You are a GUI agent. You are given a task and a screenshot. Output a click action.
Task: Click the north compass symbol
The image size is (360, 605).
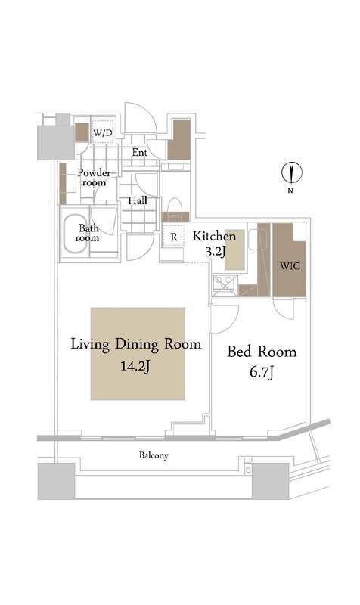(x=292, y=173)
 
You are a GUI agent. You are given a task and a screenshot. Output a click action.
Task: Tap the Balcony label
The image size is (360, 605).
(x=154, y=455)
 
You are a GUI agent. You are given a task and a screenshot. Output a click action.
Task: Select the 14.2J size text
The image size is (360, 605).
(x=135, y=365)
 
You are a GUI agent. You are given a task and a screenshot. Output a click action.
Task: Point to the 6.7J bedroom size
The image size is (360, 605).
(x=262, y=372)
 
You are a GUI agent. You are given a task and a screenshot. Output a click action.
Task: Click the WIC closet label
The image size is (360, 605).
(x=290, y=266)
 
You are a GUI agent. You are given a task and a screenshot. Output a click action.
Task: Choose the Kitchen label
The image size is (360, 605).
(x=214, y=236)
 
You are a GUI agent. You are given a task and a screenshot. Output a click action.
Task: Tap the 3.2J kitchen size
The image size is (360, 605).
(x=215, y=252)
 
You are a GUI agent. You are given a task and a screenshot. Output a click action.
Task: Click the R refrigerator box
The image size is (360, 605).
(x=173, y=237)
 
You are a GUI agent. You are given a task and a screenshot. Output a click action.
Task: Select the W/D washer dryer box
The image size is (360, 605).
(x=103, y=133)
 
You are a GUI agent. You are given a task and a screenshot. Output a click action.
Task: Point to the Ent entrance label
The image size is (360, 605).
(x=140, y=153)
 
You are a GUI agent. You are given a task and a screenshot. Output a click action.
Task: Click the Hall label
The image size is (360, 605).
(x=138, y=200)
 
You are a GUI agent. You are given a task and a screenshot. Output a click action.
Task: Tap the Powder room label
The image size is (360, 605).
(x=94, y=178)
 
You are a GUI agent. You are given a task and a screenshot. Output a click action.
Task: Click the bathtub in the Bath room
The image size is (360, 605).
(x=76, y=234)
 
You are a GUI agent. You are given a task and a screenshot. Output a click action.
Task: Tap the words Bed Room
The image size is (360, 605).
(x=262, y=352)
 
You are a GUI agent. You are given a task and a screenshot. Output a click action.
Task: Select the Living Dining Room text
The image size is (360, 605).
(x=136, y=344)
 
